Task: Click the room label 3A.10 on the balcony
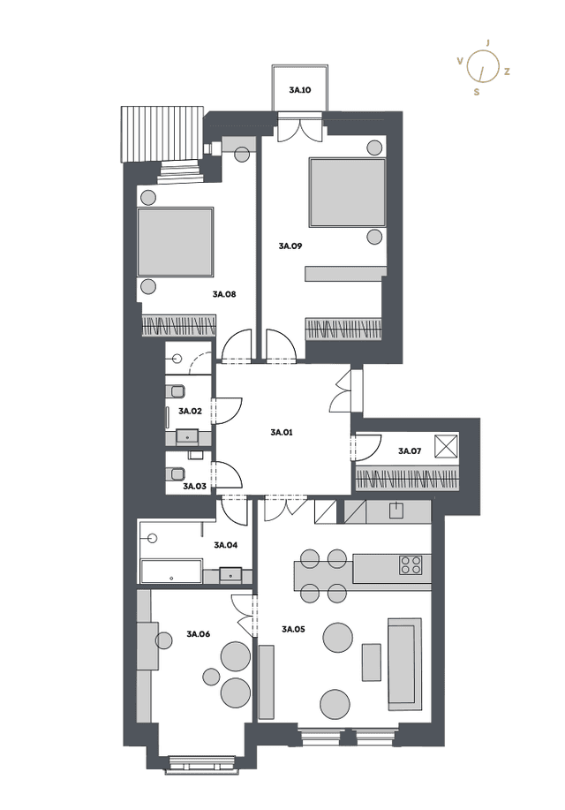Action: (x=299, y=90)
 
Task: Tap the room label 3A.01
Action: (x=282, y=432)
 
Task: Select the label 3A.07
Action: (x=410, y=451)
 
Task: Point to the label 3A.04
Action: (x=226, y=545)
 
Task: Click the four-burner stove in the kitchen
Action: (x=411, y=564)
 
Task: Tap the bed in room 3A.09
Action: (x=347, y=193)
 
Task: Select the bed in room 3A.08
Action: (x=176, y=242)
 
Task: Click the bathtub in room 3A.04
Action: (x=171, y=571)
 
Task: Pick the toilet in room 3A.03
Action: (x=176, y=473)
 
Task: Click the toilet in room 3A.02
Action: (x=176, y=391)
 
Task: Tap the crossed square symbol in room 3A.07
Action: (x=446, y=446)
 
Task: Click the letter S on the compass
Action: (x=477, y=92)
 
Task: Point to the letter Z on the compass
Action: (x=507, y=72)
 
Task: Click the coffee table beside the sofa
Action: (x=372, y=662)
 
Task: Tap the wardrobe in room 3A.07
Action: (x=407, y=479)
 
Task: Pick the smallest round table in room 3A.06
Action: (x=211, y=676)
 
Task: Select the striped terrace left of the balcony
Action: (x=162, y=134)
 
